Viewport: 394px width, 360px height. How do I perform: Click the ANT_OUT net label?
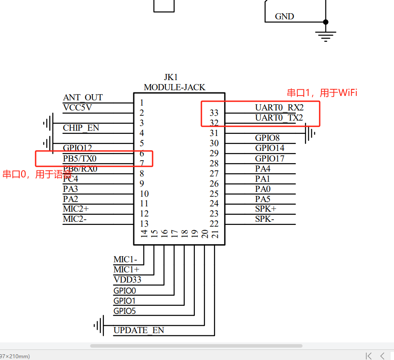tap(83, 98)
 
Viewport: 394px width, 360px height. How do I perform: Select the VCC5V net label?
tap(77, 107)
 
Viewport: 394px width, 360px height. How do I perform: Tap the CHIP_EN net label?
tap(81, 128)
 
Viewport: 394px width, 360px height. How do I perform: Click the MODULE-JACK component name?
tap(174, 87)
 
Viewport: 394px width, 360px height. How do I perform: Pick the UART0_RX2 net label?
tap(279, 108)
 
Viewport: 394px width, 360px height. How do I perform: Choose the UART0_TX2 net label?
tap(279, 118)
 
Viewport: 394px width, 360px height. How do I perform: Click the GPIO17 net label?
tap(270, 158)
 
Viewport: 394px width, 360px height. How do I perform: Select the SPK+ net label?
tap(266, 209)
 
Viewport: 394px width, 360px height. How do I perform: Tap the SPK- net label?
tap(264, 219)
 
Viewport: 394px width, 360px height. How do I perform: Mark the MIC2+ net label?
tap(76, 209)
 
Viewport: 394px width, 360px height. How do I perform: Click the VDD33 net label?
tap(127, 280)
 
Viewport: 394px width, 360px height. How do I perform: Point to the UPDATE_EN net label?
tap(139, 331)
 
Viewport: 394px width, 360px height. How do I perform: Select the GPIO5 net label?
tap(124, 311)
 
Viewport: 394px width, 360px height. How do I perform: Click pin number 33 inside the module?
tap(214, 113)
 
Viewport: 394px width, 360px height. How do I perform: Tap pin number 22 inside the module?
tap(214, 224)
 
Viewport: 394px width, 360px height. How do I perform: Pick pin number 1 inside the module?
tap(142, 103)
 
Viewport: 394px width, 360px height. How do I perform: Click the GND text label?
tap(285, 17)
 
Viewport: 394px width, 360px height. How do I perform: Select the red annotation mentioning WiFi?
tap(322, 93)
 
